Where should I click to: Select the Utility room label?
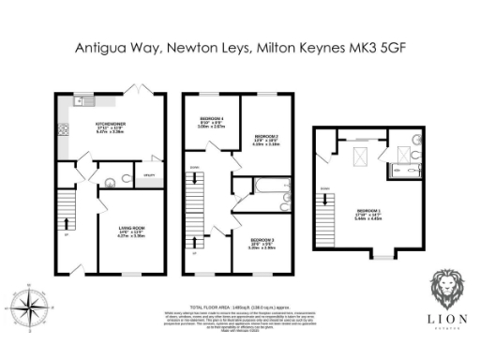(x=147, y=175)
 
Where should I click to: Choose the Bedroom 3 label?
(x=261, y=242)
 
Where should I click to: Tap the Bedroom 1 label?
(x=368, y=213)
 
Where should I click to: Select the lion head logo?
(x=445, y=290)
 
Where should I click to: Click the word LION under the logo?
(x=445, y=319)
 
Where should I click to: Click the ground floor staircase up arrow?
(x=67, y=223)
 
